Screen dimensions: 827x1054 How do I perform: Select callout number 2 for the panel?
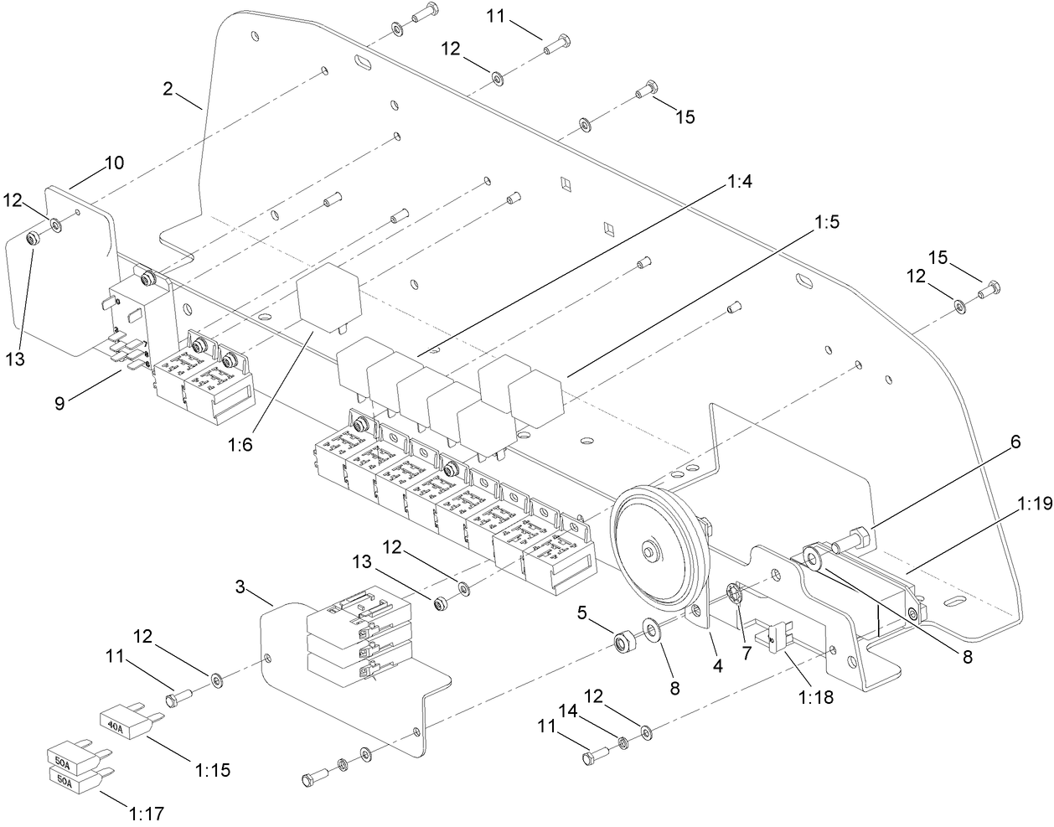coord(168,89)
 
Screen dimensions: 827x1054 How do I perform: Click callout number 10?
coord(114,163)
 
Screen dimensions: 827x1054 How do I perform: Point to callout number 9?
coord(59,404)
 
